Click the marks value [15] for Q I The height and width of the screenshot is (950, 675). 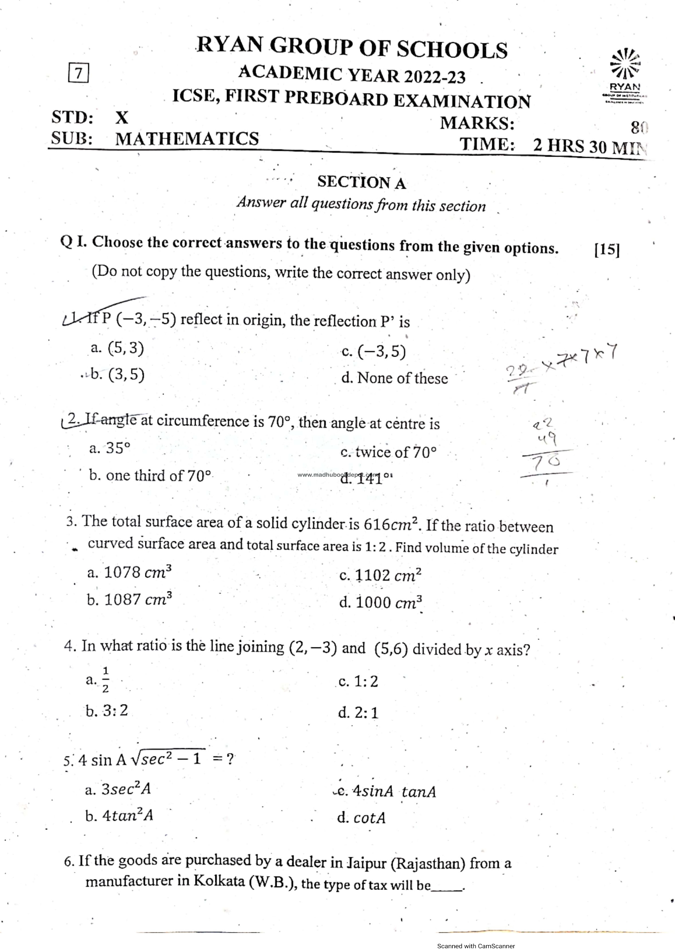point(607,249)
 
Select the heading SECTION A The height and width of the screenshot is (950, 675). point(361,182)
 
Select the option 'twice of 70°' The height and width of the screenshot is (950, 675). point(389,452)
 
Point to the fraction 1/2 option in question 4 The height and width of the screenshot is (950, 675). point(105,680)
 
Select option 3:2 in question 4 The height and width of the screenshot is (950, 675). point(107,711)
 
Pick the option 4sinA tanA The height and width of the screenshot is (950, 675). point(387,791)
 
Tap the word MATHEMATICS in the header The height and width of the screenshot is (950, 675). point(187,138)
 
